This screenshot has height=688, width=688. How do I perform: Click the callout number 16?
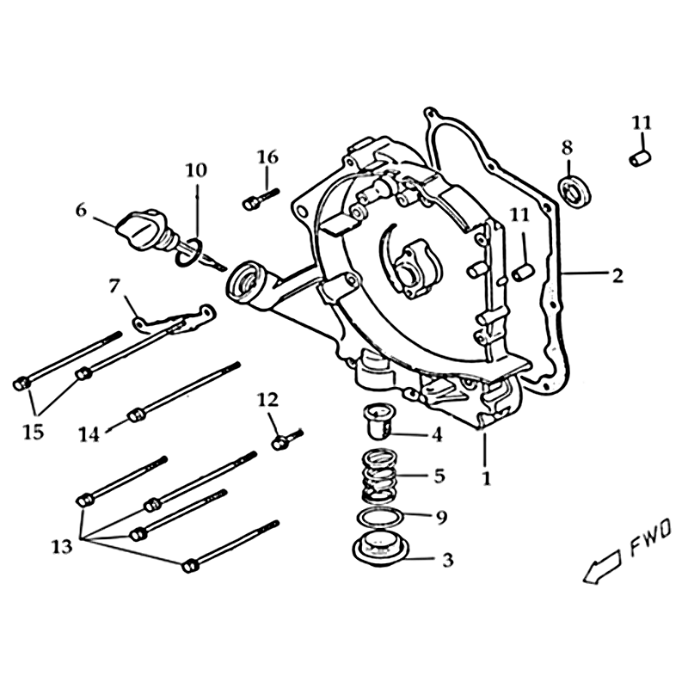pos(267,157)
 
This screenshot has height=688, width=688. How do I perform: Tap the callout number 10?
pos(196,170)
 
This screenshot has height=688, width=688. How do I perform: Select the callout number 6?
pos(81,211)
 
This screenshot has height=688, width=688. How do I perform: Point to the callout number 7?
pos(114,286)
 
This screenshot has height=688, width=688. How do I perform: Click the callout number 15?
pos(34,433)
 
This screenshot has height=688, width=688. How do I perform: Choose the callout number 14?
pos(89,434)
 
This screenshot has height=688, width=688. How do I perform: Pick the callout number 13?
pos(61,547)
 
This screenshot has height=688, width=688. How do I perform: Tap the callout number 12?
pos(267,400)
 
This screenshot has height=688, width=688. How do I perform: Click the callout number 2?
pos(617,275)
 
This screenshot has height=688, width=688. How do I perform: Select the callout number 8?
pos(568,148)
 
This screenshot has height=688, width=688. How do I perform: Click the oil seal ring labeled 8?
pos(574,190)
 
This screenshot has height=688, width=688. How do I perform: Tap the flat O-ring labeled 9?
pos(380,517)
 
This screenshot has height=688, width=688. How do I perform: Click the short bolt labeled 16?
pos(261,199)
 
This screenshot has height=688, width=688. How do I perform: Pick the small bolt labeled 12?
pos(287,439)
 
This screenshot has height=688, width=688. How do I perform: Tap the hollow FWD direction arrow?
pos(602,567)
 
